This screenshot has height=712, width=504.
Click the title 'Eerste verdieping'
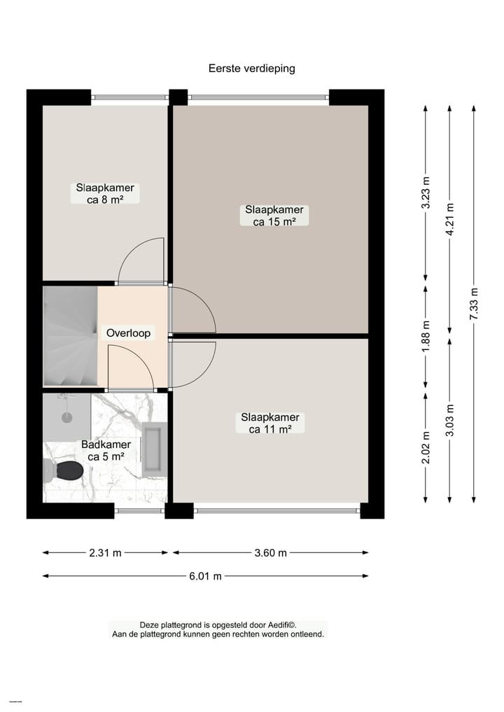click(x=251, y=69)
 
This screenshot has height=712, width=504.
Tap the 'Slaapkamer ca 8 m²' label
click(x=106, y=193)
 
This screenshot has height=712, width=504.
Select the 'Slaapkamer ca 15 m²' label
click(x=274, y=215)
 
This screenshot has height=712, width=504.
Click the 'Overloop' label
click(x=128, y=333)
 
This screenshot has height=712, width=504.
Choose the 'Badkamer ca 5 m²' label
click(x=106, y=450)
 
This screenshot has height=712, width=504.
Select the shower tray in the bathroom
click(x=66, y=416)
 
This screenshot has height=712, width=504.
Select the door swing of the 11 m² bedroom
click(x=190, y=363)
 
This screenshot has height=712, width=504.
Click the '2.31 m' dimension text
click(x=105, y=552)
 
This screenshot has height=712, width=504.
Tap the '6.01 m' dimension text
click(x=205, y=576)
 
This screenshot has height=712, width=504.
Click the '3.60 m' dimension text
click(x=270, y=552)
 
